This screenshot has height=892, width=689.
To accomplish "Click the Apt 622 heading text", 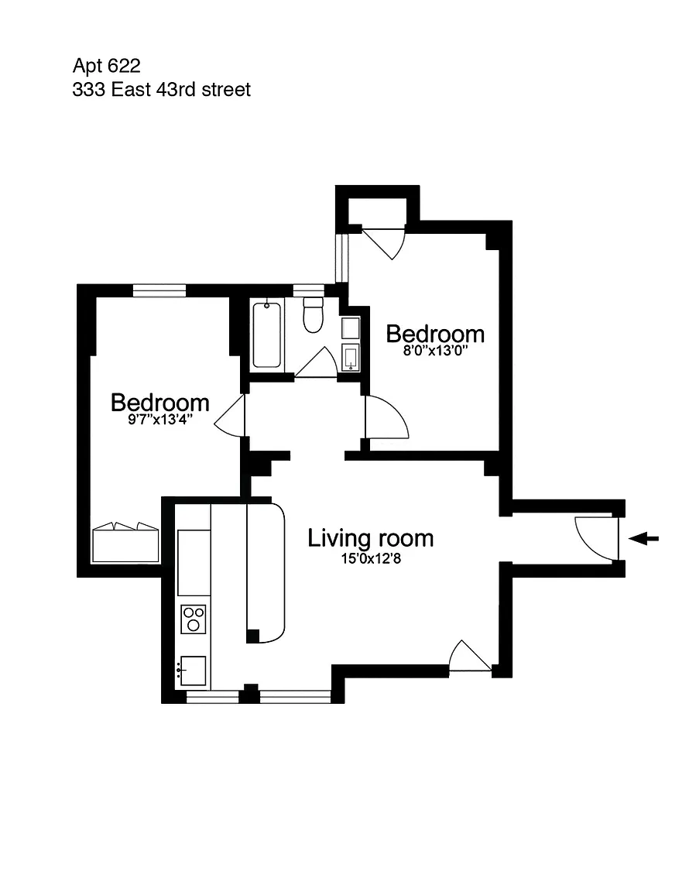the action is pos(106,67).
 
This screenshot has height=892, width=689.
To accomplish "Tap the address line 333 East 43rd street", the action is pos(162,90).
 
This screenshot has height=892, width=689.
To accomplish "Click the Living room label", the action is pos(370,538).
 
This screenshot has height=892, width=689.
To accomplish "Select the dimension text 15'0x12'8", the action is pos(371,558).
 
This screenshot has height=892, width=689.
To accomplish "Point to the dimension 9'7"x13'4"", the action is pos(160,420).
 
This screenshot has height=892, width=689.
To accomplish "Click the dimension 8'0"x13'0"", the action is pos(435,351).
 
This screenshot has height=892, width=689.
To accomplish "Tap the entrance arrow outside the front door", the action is pos(644,538).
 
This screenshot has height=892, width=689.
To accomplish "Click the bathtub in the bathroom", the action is pos(266,335).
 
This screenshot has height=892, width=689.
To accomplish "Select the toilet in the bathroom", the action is pos(313,314).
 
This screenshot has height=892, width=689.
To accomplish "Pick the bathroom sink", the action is pos(351,357).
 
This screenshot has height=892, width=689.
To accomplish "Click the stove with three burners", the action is pos(194,619).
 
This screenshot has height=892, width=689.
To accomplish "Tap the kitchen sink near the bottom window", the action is pos(192,671).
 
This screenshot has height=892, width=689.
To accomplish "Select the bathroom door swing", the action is pos(317,362).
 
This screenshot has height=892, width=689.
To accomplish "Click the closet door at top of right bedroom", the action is pos(383,243).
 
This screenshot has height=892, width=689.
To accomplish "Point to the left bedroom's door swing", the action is pos(229,416).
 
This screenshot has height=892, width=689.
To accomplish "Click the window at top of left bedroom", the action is pos(159,290).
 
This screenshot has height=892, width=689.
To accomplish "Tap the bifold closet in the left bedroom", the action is pos(125,543).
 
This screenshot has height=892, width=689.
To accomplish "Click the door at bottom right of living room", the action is pos(470,657).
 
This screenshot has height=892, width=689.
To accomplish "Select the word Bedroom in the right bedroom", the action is pos(435,334).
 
